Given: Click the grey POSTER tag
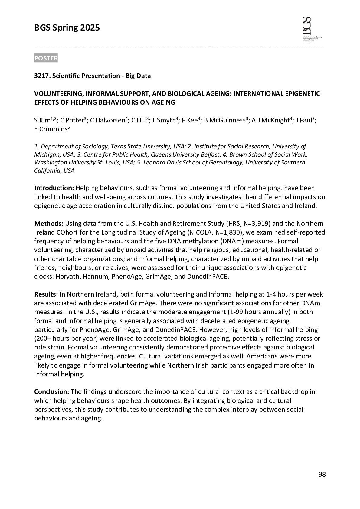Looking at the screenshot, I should coord(46,58).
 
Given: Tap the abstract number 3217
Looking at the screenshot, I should coord(42,76).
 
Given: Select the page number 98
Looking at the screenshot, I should coord(322,474).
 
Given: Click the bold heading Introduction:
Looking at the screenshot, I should coord(54,188).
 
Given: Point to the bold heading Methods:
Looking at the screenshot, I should coord(49,224).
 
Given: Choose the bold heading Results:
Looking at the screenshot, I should coord(46,294).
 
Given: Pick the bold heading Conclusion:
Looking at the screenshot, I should coord(52,392).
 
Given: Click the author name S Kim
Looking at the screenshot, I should coord(42,121).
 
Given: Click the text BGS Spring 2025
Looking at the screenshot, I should coord(67,28).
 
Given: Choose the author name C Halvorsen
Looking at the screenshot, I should coord(107,121).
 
